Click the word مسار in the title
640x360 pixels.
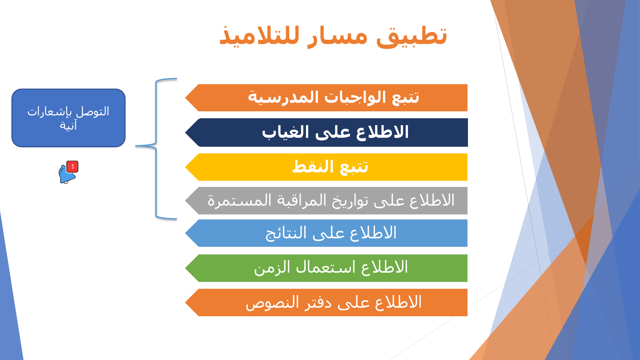(337, 36)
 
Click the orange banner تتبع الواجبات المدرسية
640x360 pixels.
(326, 98)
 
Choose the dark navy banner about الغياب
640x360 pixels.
(326, 132)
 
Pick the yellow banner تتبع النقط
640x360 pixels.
(326, 167)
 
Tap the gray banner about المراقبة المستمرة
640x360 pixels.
(326, 200)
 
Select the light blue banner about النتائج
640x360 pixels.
(326, 233)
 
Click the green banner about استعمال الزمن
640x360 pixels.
(326, 268)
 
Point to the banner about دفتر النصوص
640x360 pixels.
(326, 302)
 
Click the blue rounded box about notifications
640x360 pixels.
(69, 118)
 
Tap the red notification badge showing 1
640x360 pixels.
(72, 167)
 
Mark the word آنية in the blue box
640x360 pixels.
(68, 125)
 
